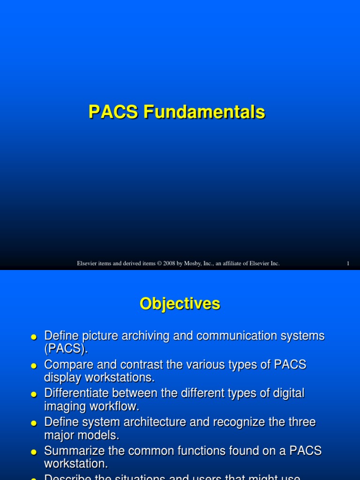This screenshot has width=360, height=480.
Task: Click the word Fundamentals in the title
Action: pos(204,112)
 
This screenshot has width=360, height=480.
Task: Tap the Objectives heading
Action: pos(180,304)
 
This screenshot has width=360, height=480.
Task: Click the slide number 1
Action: pos(348,263)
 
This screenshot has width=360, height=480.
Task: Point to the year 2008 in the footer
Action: pos(170,263)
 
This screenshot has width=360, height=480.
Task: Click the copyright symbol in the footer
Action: pos(159,263)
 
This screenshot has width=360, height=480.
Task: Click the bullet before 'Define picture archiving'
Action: pos(33,337)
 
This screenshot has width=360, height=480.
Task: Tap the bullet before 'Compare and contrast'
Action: pos(33,366)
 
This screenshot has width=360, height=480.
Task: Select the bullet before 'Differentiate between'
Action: pos(33,395)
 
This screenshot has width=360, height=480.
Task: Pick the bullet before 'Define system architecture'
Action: pos(33,423)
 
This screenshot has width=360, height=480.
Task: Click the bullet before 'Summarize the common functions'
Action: pos(33,452)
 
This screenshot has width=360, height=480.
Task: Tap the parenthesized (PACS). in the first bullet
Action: pos(66,349)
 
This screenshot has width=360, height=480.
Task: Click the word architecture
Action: pos(181,422)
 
